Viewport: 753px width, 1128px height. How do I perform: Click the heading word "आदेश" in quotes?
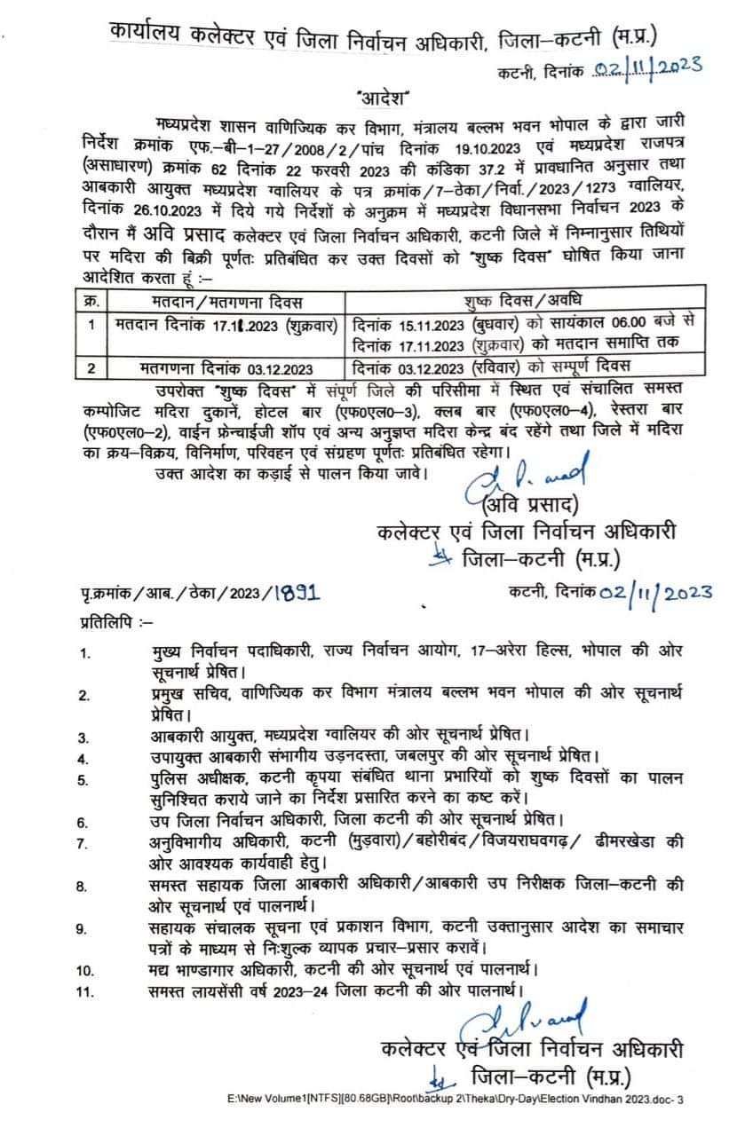coord(381,95)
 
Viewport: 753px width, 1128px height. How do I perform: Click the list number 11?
coord(85,990)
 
